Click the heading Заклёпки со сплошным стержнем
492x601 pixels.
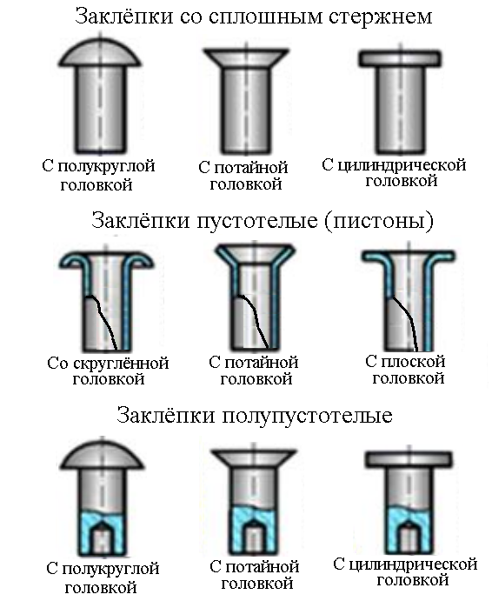253,17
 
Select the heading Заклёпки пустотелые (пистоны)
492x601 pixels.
262,221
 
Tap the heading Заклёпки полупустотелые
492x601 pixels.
254,415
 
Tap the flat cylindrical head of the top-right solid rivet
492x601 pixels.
398,57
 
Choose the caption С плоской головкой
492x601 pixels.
405,369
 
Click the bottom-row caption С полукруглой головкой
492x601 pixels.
103,578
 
